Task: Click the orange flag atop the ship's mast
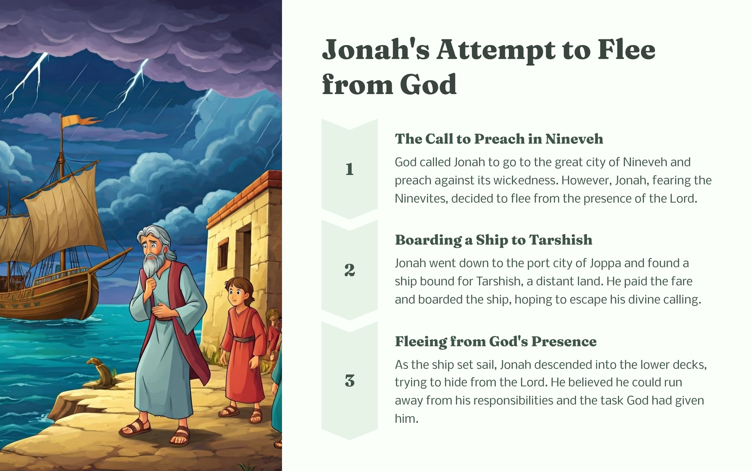click(x=79, y=121)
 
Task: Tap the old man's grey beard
click(x=152, y=263)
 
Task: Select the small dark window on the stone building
click(x=223, y=254)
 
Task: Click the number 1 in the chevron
click(x=350, y=169)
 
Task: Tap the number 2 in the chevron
click(x=350, y=270)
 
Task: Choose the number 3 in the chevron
click(x=350, y=381)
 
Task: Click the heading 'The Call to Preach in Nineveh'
click(x=499, y=139)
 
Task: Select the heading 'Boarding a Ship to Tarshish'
click(x=493, y=240)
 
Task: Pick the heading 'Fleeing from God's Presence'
click(x=496, y=342)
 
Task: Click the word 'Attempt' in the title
click(x=496, y=51)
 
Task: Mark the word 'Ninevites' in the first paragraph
click(x=422, y=199)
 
